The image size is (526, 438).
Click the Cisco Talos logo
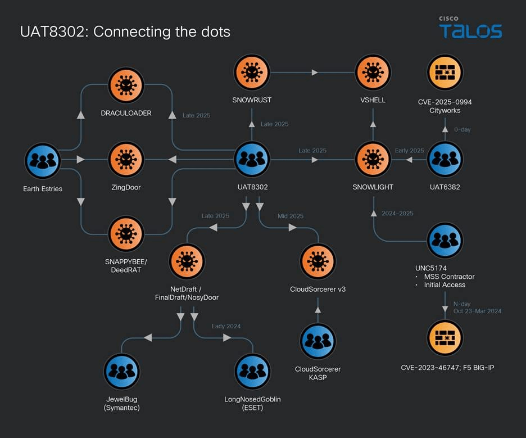pyautogui.click(x=470, y=27)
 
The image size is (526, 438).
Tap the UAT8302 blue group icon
pyautogui.click(x=252, y=160)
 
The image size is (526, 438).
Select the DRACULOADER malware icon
pyautogui.click(x=126, y=85)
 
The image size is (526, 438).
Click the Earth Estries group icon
pyautogui.click(x=43, y=161)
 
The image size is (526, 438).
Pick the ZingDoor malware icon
pyautogui.click(x=126, y=160)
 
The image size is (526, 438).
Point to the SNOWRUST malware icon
pyautogui.click(x=252, y=72)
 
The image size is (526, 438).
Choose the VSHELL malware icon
pyautogui.click(x=373, y=72)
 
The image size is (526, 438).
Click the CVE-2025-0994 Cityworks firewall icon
pyautogui.click(x=445, y=72)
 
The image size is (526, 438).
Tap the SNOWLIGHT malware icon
pyautogui.click(x=373, y=160)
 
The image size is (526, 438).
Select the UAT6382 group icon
pyautogui.click(x=445, y=160)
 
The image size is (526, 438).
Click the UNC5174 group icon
pyautogui.click(x=445, y=240)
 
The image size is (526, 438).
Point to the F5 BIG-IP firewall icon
pyautogui.click(x=445, y=338)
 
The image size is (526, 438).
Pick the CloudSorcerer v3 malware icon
pyautogui.click(x=318, y=261)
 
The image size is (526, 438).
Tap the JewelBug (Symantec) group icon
pyautogui.click(x=122, y=371)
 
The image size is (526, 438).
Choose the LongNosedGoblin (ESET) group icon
pyautogui.click(x=252, y=371)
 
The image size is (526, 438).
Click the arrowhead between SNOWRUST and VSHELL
pyautogui.click(x=315, y=73)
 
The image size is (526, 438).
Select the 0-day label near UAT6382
pyautogui.click(x=462, y=129)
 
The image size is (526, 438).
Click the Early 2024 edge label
pyautogui.click(x=226, y=326)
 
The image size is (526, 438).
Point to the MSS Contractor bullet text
pyautogui.click(x=449, y=277)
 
